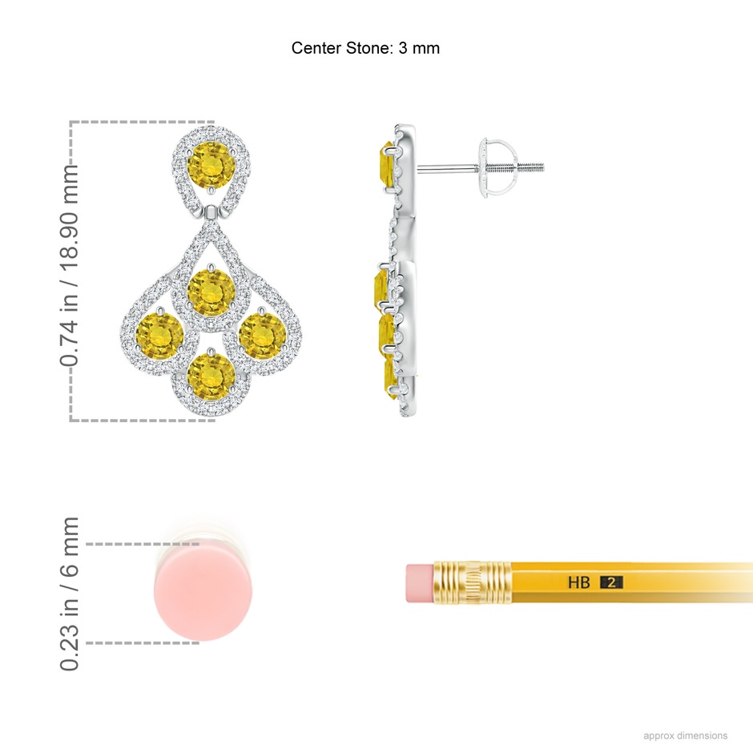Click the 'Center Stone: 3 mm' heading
coord(365,48)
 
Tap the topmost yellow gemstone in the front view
coord(211,166)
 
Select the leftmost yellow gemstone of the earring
coord(160,335)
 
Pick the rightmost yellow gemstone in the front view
coord(262,336)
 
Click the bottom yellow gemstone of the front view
coord(211,377)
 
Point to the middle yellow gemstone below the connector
coord(211,293)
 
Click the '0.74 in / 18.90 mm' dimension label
coord(69,266)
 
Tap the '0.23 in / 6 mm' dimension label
coord(69,594)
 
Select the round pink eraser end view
coord(203,593)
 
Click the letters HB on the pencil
coord(578,582)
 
